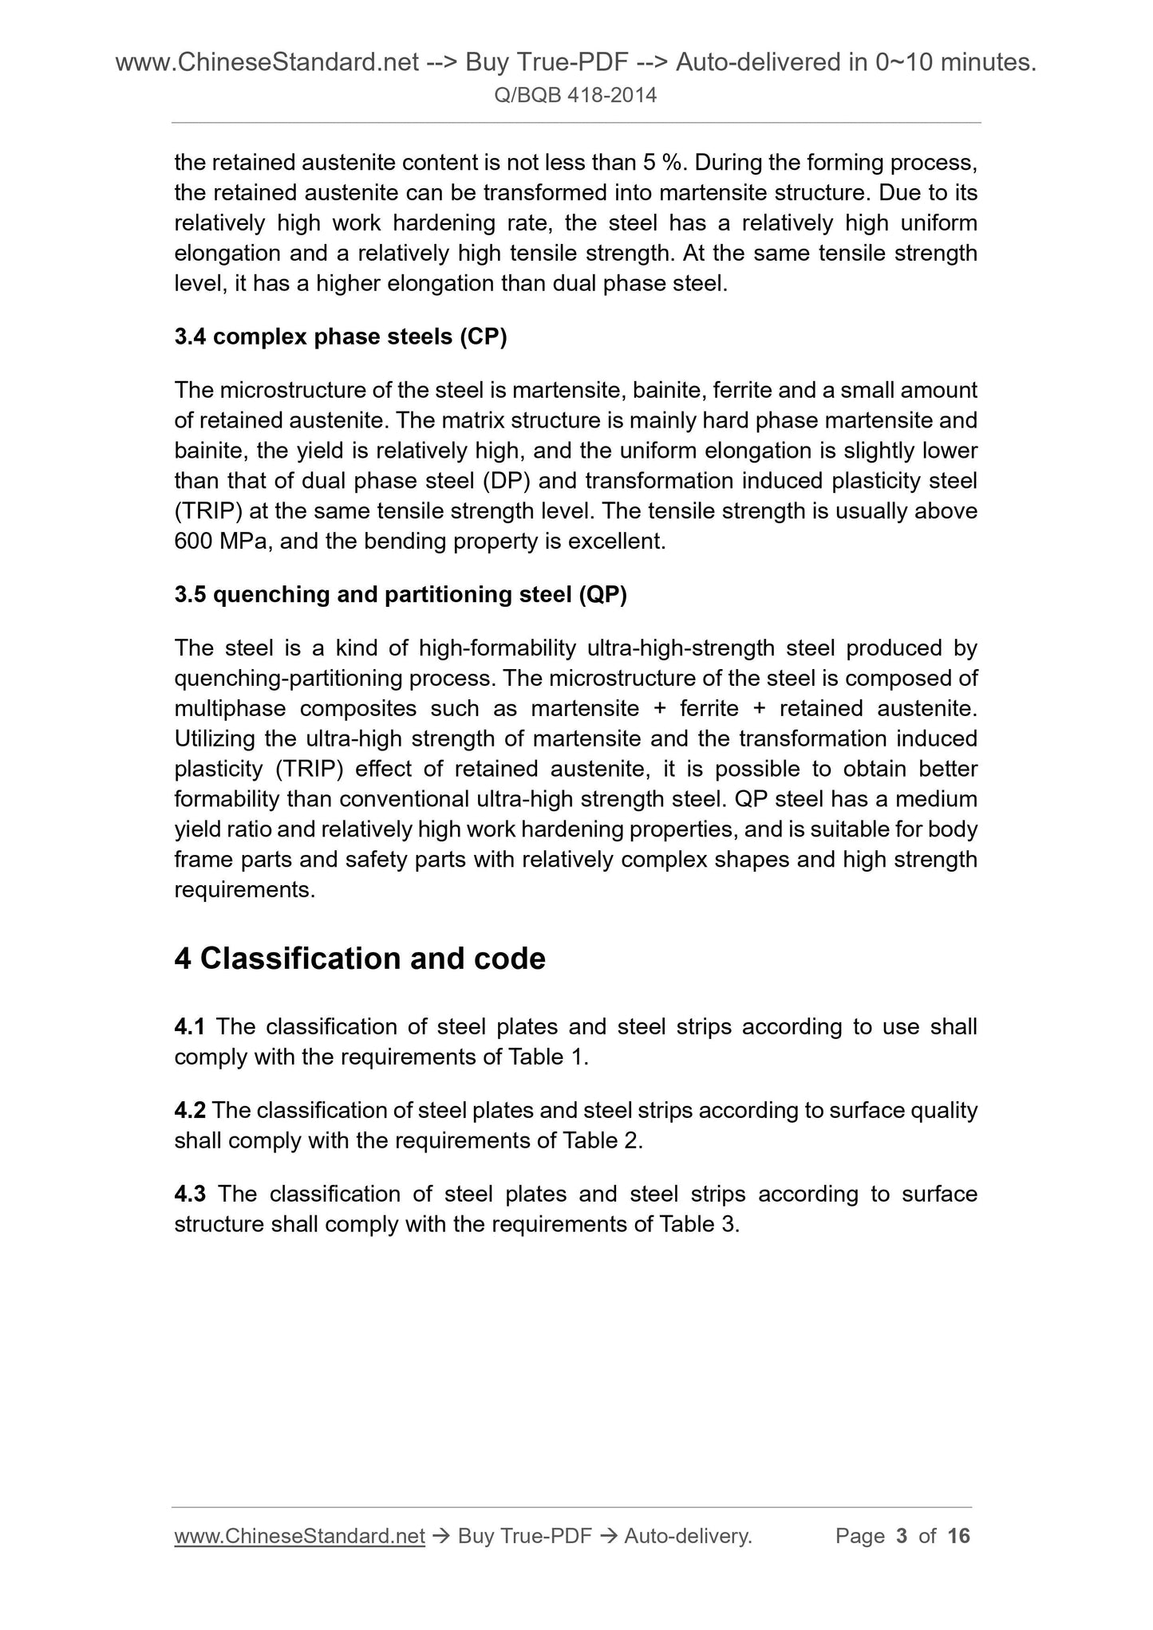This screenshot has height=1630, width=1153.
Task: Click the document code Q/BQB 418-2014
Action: pyautogui.click(x=575, y=96)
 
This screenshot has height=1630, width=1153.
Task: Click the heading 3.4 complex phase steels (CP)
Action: pyautogui.click(x=340, y=337)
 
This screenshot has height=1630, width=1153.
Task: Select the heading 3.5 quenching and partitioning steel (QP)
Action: pyautogui.click(x=400, y=595)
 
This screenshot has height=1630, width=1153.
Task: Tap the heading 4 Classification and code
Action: pyautogui.click(x=359, y=959)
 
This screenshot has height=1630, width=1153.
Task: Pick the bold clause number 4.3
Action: pyautogui.click(x=190, y=1194)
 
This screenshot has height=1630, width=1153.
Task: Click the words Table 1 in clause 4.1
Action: pyautogui.click(x=546, y=1057)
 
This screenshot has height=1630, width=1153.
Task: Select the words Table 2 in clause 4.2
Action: pyautogui.click(x=601, y=1141)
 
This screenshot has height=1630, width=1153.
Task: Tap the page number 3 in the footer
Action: pyautogui.click(x=902, y=1536)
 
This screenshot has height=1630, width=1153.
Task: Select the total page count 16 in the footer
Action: pyautogui.click(x=958, y=1536)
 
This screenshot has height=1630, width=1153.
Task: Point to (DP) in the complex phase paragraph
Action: pyautogui.click(x=502, y=482)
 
